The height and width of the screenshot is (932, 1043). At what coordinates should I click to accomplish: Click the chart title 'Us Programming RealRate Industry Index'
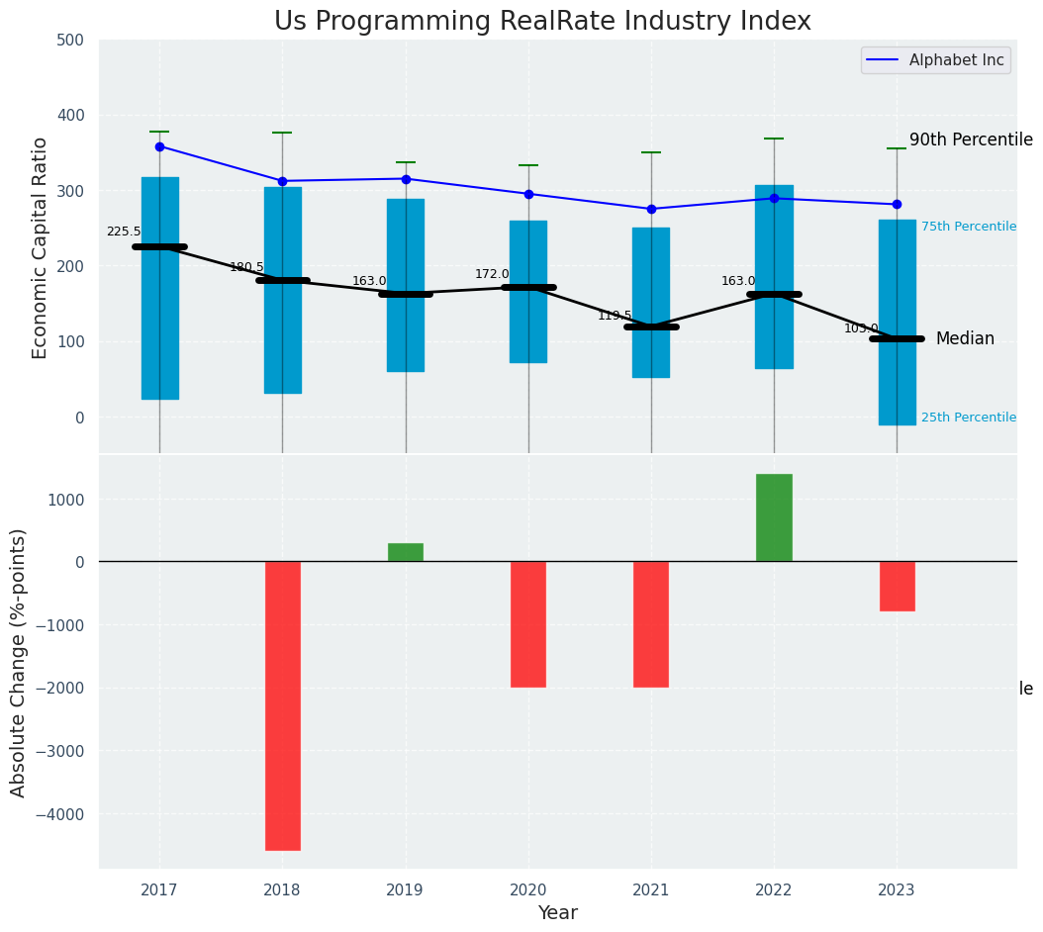542,22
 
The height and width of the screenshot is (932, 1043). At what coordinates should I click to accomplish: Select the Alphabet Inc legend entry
935,60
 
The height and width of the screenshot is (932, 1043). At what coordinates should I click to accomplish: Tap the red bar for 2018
282,705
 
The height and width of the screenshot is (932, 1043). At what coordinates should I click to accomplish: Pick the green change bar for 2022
774,517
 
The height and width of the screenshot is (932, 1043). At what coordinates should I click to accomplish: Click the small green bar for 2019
406,552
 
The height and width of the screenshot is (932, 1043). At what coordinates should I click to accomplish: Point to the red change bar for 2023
897,586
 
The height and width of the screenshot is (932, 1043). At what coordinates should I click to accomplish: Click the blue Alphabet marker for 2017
159,146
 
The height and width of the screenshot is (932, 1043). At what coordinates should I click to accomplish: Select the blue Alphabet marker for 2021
651,209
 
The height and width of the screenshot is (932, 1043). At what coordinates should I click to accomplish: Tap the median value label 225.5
124,232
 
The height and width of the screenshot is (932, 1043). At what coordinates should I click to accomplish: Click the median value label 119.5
615,316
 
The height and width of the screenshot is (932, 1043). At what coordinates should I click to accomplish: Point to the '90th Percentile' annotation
970,140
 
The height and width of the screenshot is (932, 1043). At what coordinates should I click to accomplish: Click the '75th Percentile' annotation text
968,227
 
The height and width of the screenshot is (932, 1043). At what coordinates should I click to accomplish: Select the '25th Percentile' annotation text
968,418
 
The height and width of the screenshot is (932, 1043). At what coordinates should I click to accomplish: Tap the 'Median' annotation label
965,338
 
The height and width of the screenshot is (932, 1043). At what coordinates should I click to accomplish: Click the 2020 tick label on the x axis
528,890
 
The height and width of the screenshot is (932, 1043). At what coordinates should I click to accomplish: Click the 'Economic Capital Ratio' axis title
41,247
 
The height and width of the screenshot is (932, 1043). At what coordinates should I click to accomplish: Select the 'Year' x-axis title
558,913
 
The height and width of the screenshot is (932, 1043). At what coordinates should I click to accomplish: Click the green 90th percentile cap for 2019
406,162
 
